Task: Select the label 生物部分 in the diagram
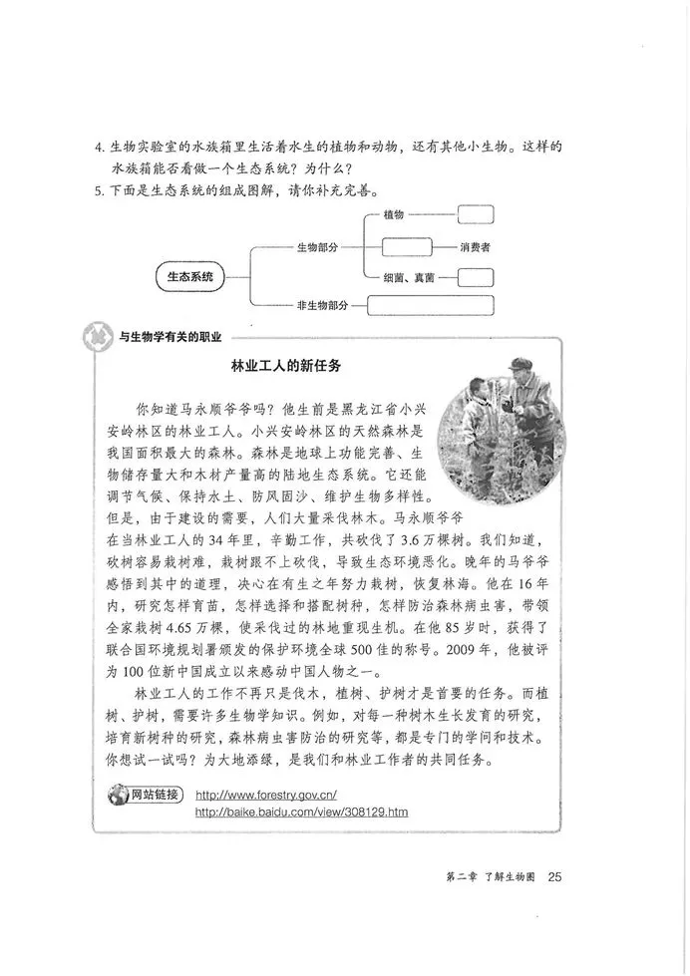click(317, 245)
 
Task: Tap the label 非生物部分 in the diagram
click(321, 305)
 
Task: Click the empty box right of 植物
click(476, 214)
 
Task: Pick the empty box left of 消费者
click(401, 245)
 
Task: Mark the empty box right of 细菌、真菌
click(476, 276)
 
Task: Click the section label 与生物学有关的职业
click(170, 336)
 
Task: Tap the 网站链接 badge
click(146, 795)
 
